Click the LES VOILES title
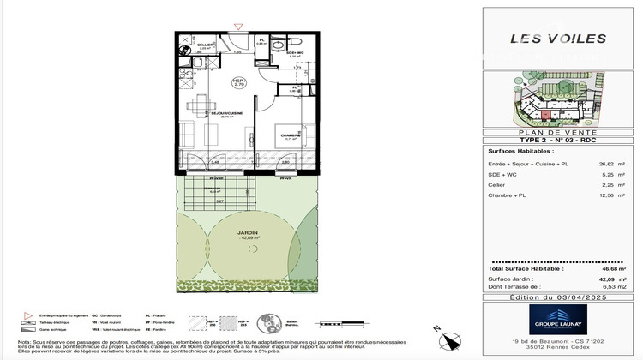click(558, 39)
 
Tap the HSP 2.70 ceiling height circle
click(241, 82)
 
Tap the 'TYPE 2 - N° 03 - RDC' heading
click(558, 140)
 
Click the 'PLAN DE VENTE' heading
click(558, 132)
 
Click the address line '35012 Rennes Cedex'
click(558, 350)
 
